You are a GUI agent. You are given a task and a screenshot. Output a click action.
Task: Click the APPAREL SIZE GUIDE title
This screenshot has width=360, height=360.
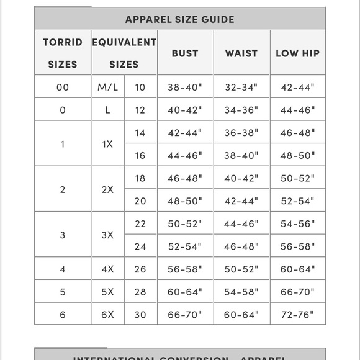click(x=180, y=19)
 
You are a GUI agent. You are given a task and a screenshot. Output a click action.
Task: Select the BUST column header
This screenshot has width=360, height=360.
click(x=185, y=53)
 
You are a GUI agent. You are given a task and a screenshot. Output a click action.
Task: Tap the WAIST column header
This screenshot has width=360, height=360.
click(x=241, y=53)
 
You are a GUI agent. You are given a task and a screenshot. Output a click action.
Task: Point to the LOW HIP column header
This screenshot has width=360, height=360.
click(x=298, y=53)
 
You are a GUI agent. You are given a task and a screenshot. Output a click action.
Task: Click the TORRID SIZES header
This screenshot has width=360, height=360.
click(x=63, y=53)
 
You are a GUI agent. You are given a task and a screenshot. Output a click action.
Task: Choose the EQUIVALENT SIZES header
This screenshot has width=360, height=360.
click(x=124, y=53)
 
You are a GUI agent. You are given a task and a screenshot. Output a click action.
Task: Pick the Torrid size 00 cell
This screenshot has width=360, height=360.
click(x=63, y=88)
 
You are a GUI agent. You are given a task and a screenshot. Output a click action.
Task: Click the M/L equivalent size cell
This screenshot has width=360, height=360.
click(x=108, y=88)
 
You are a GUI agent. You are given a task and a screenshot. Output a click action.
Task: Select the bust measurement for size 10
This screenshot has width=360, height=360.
click(x=185, y=88)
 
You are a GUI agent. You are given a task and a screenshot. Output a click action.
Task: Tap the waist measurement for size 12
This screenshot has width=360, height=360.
click(x=241, y=110)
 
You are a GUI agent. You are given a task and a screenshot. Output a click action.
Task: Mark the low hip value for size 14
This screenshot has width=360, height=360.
click(x=298, y=133)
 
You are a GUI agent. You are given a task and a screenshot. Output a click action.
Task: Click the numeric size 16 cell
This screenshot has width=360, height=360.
click(x=140, y=156)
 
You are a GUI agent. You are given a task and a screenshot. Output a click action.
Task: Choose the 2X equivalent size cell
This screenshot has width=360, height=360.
click(x=108, y=189)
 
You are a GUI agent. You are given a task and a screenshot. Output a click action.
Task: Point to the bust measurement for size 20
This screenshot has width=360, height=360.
click(x=185, y=201)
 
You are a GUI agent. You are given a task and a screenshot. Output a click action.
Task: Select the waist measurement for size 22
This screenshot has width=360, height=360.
click(x=241, y=223)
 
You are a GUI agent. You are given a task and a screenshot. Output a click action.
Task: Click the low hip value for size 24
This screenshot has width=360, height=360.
click(x=298, y=246)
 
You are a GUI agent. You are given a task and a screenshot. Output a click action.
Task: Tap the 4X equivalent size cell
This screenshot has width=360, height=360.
click(x=108, y=269)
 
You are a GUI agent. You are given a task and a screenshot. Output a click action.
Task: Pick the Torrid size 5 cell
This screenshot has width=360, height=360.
click(x=63, y=292)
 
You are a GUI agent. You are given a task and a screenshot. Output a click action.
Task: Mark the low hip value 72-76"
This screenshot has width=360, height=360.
click(x=298, y=315)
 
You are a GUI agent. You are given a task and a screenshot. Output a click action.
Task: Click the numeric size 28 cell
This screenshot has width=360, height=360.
click(x=140, y=292)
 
